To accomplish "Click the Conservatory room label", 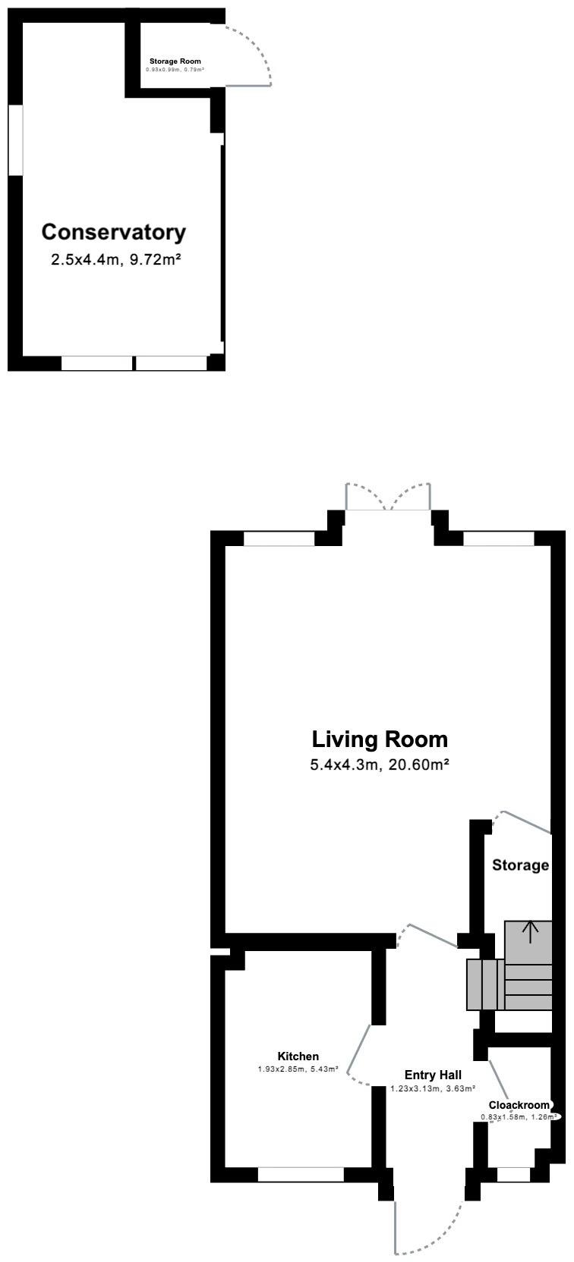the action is tap(113, 232).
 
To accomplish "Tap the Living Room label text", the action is tap(380, 739).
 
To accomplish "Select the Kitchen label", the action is tap(298, 1056).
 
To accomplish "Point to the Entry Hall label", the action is tap(433, 1075).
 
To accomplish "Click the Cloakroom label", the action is tap(519, 1105).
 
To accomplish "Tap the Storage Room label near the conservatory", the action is tap(175, 61).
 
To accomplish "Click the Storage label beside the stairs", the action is tap(520, 865).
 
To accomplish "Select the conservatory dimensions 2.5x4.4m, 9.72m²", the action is tap(115, 259).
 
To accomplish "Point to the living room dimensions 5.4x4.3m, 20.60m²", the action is tap(380, 764).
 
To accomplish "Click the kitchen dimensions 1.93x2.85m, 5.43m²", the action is tap(298, 1069).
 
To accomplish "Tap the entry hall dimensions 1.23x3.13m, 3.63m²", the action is tap(433, 1088).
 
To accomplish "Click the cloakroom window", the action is tap(514, 1174).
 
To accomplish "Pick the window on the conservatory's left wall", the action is tap(15, 140).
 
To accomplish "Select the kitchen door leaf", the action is tap(358, 1048).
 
